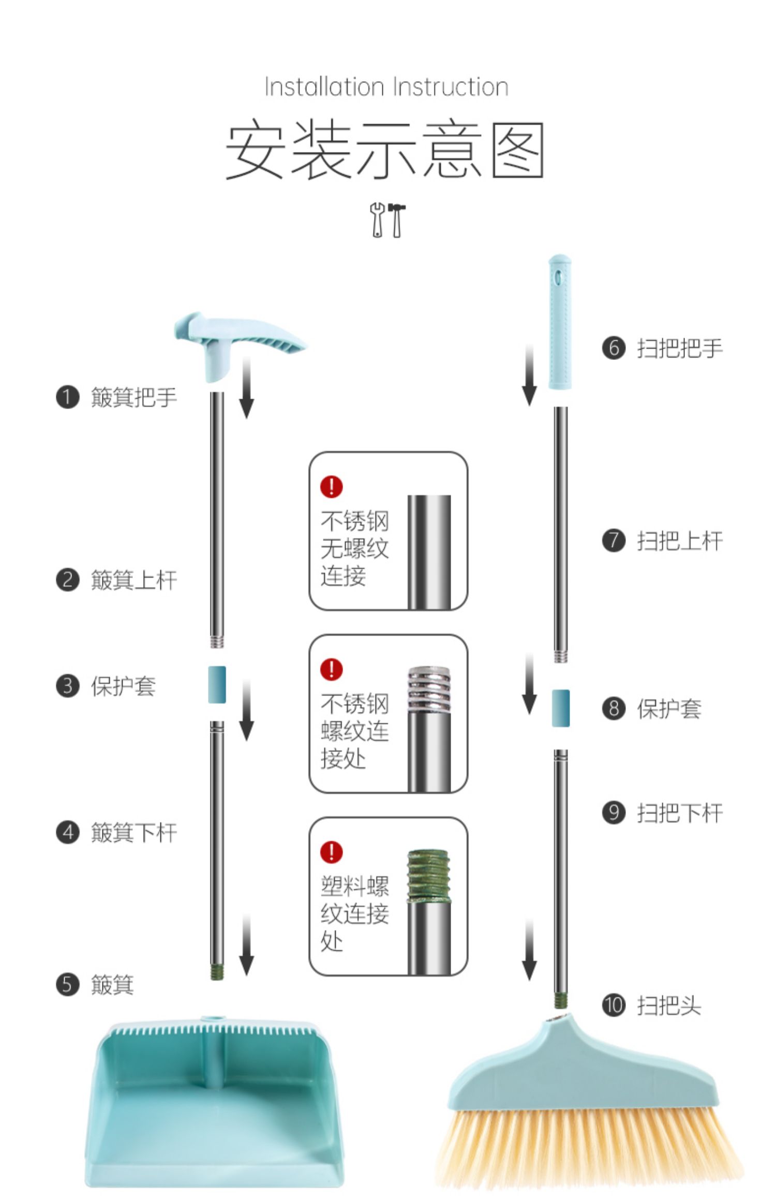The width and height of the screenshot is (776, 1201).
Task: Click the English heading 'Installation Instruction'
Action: tap(386, 87)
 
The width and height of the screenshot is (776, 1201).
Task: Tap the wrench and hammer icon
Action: tap(387, 220)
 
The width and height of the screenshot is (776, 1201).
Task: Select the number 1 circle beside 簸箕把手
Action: tap(67, 397)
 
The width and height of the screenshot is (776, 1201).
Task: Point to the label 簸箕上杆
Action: tap(134, 580)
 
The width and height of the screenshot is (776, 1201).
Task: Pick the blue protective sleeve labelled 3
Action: tap(217, 684)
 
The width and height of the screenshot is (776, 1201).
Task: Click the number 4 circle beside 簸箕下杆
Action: tap(67, 833)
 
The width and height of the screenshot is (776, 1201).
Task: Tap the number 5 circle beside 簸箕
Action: tap(67, 984)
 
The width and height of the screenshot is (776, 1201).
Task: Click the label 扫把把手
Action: tap(680, 348)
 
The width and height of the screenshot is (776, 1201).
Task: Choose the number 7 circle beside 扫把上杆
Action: tap(614, 541)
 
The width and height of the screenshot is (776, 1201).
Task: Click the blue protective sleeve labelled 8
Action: tap(561, 708)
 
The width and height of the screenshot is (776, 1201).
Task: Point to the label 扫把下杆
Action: tap(680, 813)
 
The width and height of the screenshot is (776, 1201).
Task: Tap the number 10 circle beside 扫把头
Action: tap(614, 1005)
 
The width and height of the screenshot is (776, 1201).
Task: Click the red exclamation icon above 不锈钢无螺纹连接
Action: tap(331, 487)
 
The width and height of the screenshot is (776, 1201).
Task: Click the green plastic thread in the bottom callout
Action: tap(428, 875)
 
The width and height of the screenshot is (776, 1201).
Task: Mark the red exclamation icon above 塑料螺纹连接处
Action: tap(331, 852)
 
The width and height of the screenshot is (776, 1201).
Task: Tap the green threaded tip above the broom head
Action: tap(560, 1000)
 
